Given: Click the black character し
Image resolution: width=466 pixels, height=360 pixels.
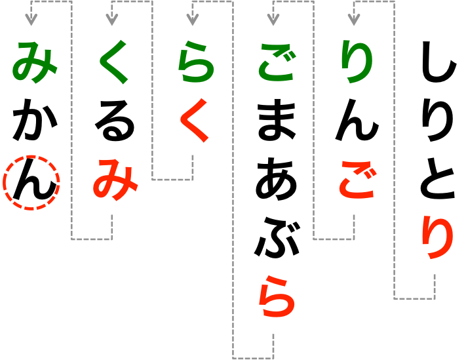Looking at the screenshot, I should [x=435, y=65].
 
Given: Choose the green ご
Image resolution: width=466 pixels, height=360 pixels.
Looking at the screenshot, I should [x=275, y=65].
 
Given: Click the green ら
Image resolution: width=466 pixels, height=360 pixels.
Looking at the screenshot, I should [x=193, y=65].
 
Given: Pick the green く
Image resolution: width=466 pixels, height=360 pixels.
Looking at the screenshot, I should [x=113, y=65].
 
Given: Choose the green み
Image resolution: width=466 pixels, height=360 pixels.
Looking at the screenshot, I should [x=31, y=65].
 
